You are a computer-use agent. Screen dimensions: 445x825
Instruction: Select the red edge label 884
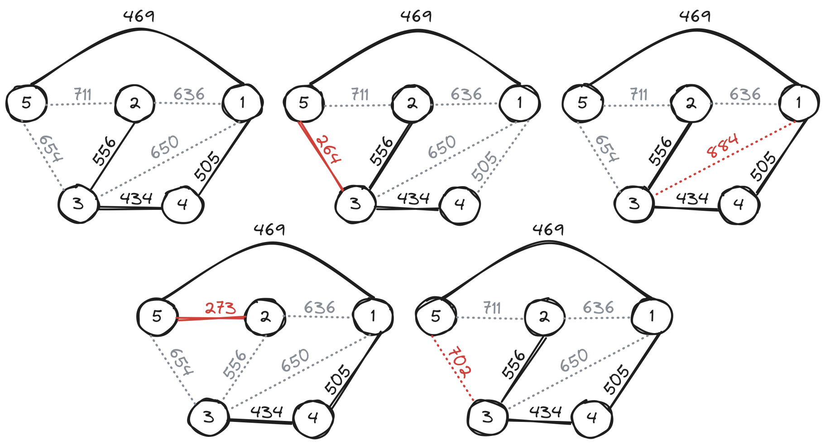point(723,145)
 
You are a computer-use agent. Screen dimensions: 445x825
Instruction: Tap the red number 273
point(220,308)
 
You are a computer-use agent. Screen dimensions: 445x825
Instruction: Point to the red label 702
point(460,362)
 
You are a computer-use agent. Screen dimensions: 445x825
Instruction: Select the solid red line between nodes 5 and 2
point(211,318)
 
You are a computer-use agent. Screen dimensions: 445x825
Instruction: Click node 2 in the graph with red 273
point(265,316)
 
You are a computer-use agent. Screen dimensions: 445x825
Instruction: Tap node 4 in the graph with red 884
point(739,205)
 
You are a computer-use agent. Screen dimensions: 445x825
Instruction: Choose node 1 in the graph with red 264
point(519,103)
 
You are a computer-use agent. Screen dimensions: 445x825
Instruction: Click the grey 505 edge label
point(484,166)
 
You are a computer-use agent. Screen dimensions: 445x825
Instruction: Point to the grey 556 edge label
point(235,364)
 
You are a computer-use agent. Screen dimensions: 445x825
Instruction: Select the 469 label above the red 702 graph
point(548,230)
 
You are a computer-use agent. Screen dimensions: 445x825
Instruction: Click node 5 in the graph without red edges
point(26,103)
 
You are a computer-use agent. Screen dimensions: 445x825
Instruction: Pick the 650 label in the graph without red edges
point(165,147)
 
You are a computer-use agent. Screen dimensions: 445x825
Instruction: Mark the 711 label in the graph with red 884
point(639,95)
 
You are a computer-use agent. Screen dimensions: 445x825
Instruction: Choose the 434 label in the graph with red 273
point(267,412)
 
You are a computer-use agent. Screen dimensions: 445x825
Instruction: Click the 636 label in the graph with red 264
point(466,94)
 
